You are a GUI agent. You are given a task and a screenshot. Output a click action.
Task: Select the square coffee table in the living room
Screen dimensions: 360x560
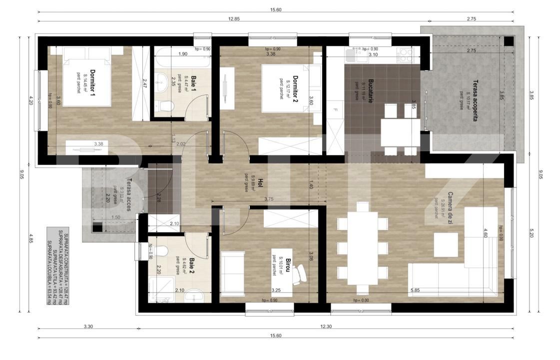click(446, 244)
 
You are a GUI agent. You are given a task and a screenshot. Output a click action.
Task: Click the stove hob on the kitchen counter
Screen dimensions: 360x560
click(404, 51)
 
